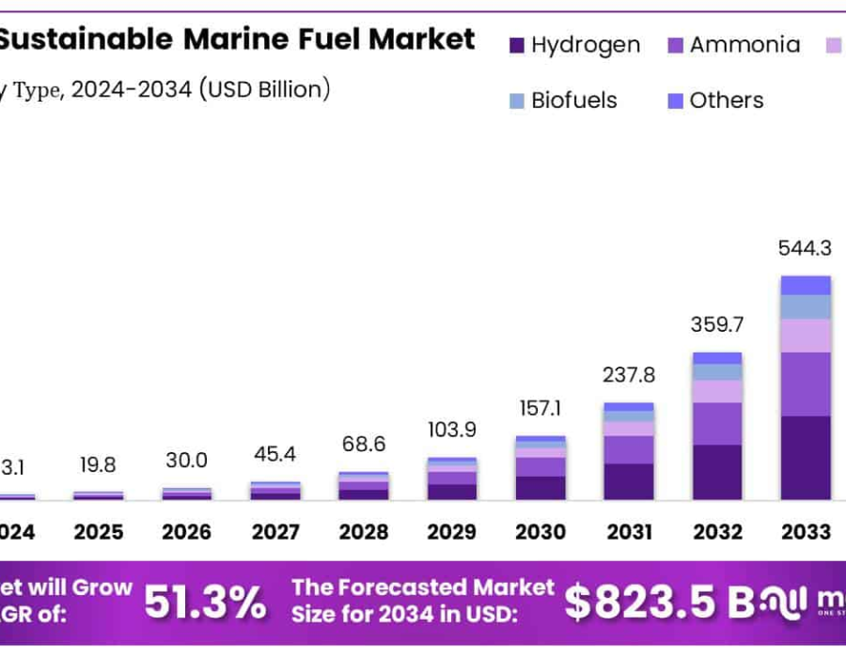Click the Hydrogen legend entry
574,44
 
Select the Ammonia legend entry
732,44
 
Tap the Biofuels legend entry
561,101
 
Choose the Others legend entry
714,101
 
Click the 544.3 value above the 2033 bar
806,249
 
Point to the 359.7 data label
717,325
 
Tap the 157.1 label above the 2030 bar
540,409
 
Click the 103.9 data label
451,430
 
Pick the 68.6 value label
363,445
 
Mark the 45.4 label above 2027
275,455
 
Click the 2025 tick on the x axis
99,533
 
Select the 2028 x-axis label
363,533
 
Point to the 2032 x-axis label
717,533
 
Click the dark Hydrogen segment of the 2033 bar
806,458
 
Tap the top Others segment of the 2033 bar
806,285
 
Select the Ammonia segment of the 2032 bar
717,424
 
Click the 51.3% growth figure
204,603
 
